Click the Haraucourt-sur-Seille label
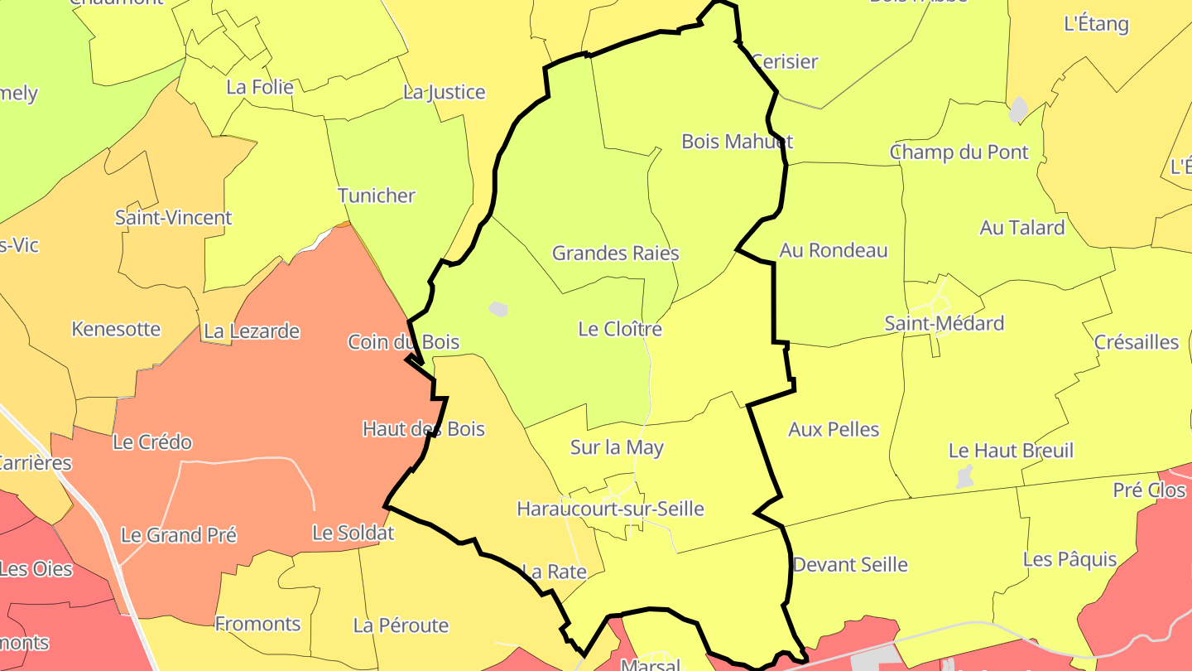(x=610, y=509)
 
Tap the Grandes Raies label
(x=615, y=253)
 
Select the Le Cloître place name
(x=620, y=330)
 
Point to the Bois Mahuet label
(x=737, y=142)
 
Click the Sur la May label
(x=617, y=448)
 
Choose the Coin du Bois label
(x=403, y=342)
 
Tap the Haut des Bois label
(x=423, y=429)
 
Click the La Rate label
(x=554, y=572)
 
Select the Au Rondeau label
(x=833, y=251)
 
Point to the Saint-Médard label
(x=944, y=324)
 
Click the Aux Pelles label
(x=834, y=430)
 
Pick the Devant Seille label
(x=850, y=565)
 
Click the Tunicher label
(x=377, y=196)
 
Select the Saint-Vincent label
(x=173, y=219)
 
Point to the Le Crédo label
(x=152, y=442)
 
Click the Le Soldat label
(x=353, y=533)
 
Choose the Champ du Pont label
(x=959, y=152)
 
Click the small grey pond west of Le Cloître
(x=497, y=309)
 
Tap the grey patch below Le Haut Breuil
(x=964, y=476)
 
